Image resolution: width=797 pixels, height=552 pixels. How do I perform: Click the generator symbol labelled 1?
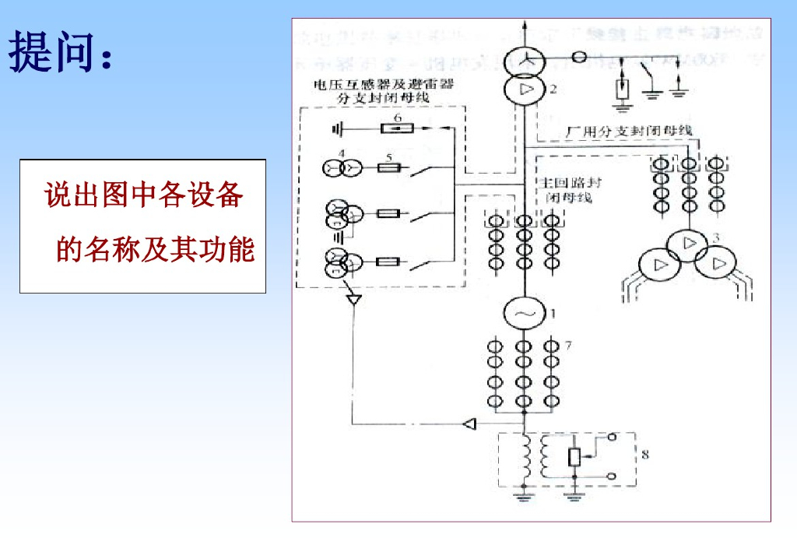523,314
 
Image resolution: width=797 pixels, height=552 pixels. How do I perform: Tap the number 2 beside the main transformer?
553,90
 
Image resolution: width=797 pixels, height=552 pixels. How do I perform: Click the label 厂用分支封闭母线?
628,132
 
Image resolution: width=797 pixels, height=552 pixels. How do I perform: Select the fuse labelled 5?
389,167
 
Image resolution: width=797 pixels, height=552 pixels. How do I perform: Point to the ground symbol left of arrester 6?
337,127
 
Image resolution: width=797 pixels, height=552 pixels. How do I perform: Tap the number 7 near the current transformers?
568,346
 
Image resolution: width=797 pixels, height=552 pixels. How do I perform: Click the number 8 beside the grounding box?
644,453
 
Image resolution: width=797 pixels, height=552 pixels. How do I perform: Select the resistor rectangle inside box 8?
574,458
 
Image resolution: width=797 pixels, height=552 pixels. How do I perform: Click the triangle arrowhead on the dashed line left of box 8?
469,424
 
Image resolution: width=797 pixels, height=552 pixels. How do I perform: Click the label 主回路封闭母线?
564,191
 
